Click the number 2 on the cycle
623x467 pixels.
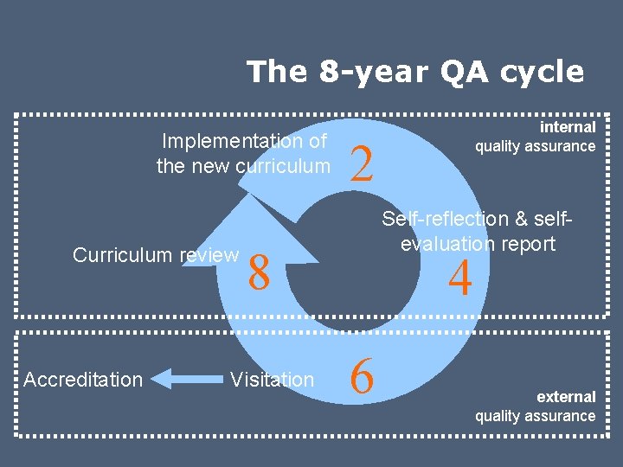coord(361,162)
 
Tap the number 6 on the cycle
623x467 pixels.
coord(362,378)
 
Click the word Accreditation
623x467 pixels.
coord(83,380)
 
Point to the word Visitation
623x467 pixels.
coord(272,380)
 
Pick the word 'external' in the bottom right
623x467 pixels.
coord(566,397)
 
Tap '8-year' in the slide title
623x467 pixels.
coord(367,72)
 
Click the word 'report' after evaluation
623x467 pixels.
coord(526,244)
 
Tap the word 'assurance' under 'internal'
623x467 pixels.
coord(561,146)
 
